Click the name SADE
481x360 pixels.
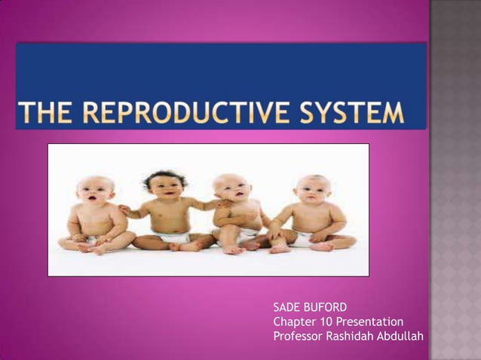click(286, 307)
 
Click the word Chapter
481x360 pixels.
click(296, 322)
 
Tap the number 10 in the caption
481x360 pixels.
click(329, 322)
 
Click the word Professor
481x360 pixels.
click(297, 335)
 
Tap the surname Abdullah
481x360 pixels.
click(400, 335)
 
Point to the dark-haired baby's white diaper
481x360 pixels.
click(171, 237)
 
